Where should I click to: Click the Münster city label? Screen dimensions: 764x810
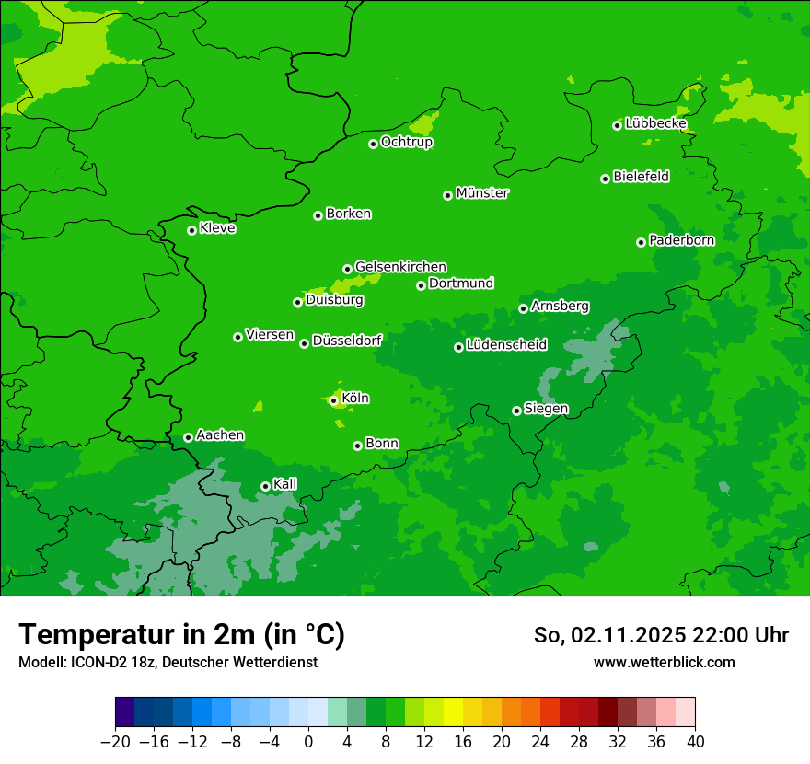482,193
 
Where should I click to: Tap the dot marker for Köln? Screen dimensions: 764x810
333,400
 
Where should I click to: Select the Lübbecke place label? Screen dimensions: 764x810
655,123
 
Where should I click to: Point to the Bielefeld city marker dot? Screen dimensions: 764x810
605,179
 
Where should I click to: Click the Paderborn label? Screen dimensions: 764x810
681,240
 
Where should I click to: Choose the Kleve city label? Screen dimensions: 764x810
217,228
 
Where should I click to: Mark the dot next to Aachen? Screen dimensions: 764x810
188,437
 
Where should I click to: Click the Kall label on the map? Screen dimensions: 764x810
284,484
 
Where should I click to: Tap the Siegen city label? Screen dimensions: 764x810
546,409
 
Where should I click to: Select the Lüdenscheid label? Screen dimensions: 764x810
506,345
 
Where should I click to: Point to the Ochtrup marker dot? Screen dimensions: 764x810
373,144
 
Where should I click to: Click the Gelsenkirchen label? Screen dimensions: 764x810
400,267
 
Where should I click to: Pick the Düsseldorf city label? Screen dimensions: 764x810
347,341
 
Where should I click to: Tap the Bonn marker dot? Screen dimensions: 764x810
357,446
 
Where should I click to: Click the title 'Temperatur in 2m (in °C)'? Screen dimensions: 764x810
181,634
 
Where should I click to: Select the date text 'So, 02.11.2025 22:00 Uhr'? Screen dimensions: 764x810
661,635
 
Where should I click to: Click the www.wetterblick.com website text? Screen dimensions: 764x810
664,663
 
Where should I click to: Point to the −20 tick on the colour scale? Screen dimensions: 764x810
115,742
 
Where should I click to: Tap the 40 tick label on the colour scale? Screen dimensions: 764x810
695,742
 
